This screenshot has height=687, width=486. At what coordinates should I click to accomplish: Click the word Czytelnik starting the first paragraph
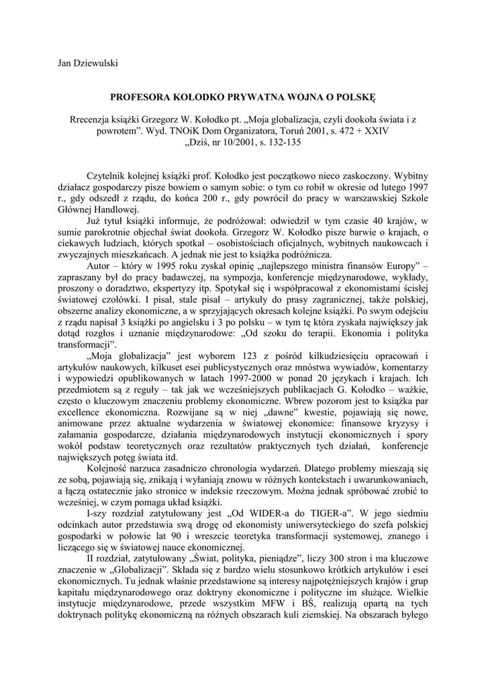[109, 174]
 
